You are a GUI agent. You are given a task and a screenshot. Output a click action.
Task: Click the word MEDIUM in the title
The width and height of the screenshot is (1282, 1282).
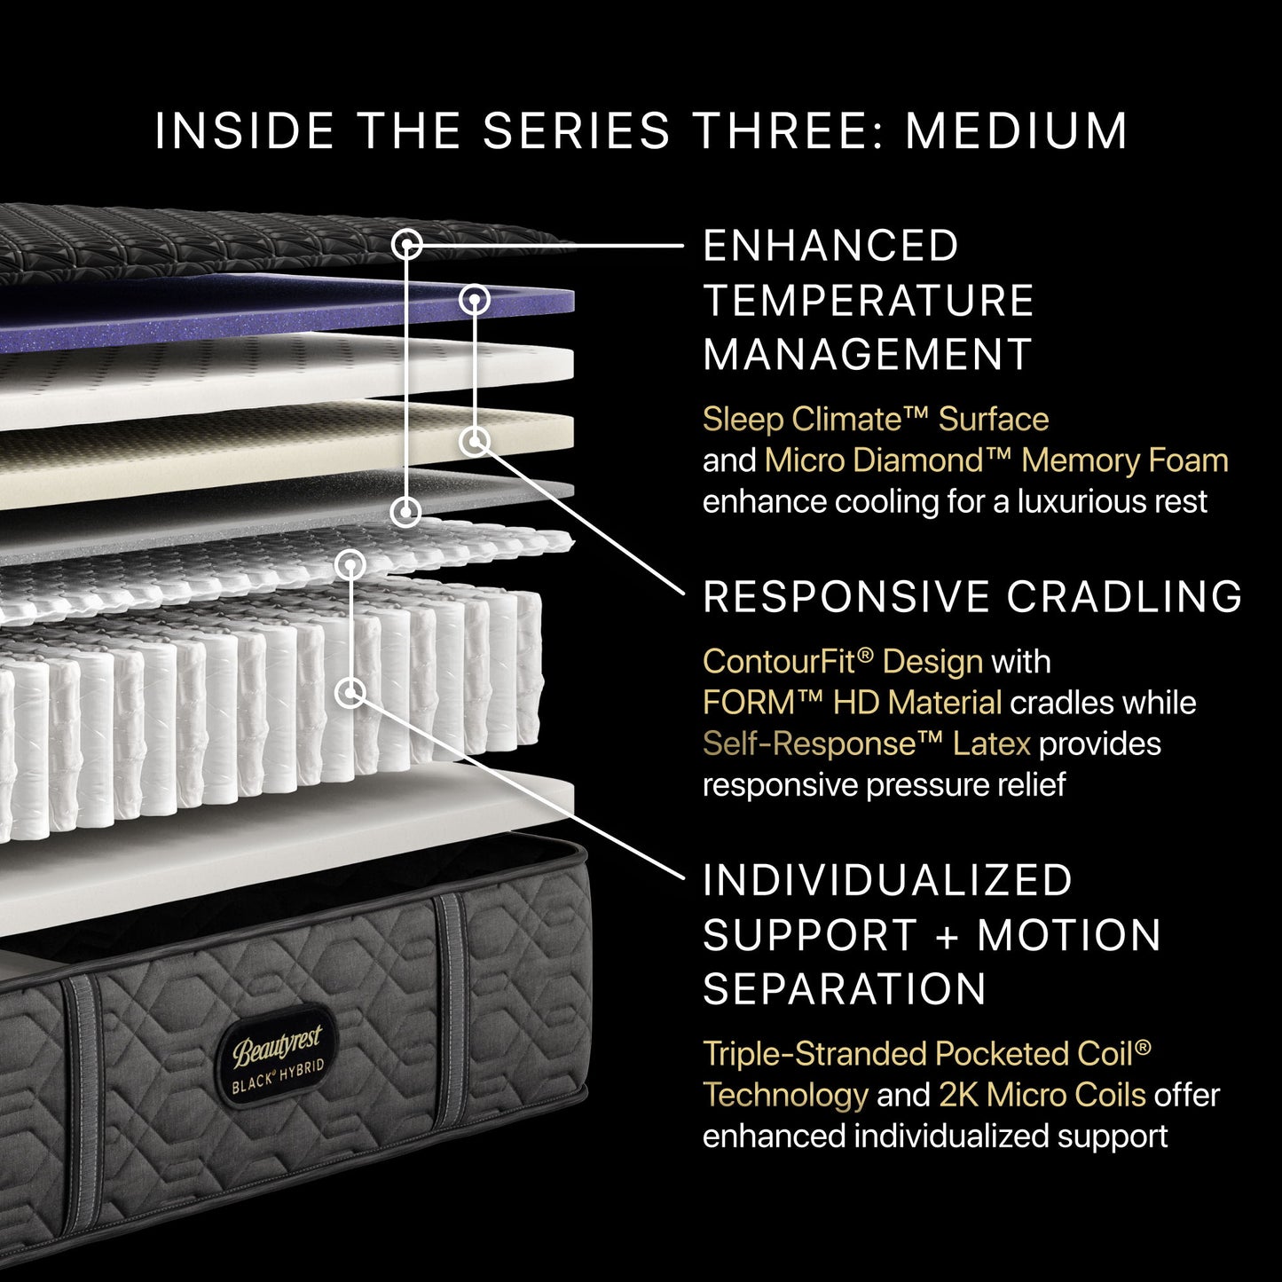pyautogui.click(x=1016, y=131)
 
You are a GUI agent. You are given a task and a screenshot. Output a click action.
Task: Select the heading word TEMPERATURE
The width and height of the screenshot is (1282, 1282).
pyautogui.click(x=869, y=301)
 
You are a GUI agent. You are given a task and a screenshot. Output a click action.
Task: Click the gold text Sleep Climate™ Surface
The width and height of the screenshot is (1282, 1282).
pyautogui.click(x=875, y=419)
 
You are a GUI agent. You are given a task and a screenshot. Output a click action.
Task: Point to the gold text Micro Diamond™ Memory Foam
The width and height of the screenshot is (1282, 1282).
pyautogui.click(x=995, y=460)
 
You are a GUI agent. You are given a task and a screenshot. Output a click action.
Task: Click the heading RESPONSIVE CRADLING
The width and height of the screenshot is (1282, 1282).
pyautogui.click(x=972, y=597)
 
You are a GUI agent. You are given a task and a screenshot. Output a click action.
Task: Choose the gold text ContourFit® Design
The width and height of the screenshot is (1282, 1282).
pyautogui.click(x=842, y=661)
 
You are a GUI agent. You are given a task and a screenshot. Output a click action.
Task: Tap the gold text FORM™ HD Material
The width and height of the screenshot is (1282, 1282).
pyautogui.click(x=852, y=703)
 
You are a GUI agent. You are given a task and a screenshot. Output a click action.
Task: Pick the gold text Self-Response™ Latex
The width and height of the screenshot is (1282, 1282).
pyautogui.click(x=866, y=743)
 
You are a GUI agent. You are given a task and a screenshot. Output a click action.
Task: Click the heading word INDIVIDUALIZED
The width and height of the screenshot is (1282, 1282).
pyautogui.click(x=887, y=881)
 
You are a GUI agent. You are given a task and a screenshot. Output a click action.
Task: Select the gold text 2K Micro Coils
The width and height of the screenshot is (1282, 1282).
pyautogui.click(x=1042, y=1095)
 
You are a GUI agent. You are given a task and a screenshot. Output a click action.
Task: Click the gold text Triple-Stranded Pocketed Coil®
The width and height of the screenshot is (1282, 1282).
pyautogui.click(x=926, y=1054)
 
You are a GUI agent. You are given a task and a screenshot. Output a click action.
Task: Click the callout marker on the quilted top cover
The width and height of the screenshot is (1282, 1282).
pyautogui.click(x=407, y=244)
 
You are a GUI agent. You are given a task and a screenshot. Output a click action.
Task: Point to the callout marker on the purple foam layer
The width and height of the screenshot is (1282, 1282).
pyautogui.click(x=476, y=300)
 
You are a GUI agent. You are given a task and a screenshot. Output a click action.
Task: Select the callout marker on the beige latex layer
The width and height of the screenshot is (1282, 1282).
pyautogui.click(x=476, y=440)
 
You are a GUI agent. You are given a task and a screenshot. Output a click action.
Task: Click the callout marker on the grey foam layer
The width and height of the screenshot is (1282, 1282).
pyautogui.click(x=407, y=510)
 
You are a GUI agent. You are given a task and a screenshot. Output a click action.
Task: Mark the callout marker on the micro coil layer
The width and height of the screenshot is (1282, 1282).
pyautogui.click(x=351, y=563)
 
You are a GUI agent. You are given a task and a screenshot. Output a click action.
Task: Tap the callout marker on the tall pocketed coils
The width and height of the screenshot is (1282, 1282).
pyautogui.click(x=352, y=692)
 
